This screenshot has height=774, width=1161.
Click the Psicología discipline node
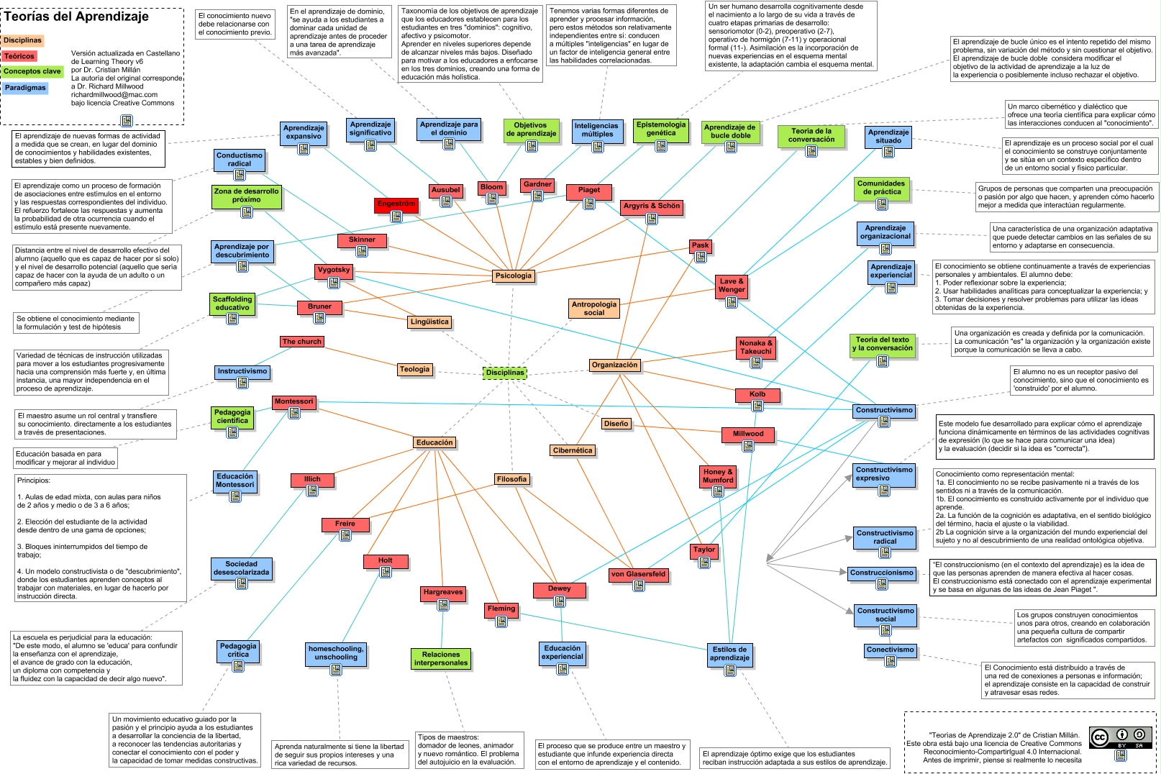click(514, 276)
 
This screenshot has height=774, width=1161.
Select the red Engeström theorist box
click(396, 204)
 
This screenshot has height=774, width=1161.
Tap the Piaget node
click(588, 191)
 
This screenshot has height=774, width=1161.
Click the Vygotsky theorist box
click(334, 270)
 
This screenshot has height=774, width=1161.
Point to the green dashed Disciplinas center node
click(505, 373)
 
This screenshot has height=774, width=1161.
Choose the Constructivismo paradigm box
click(884, 410)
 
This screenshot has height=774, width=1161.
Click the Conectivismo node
click(890, 650)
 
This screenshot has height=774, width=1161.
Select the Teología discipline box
click(414, 369)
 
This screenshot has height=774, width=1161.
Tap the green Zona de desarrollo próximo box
click(246, 196)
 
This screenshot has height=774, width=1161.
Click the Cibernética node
click(573, 450)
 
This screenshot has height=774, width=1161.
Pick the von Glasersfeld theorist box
click(638, 574)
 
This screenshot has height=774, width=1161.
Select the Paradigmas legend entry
click(25, 88)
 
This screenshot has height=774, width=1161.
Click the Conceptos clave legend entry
click(32, 71)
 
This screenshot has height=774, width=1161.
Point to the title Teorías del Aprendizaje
click(76, 17)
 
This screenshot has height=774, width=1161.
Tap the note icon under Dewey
click(560, 601)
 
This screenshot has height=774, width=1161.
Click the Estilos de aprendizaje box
click(729, 653)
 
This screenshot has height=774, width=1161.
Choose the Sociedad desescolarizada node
click(241, 568)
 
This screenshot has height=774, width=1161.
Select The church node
click(302, 342)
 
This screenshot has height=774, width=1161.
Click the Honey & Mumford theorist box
click(718, 476)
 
